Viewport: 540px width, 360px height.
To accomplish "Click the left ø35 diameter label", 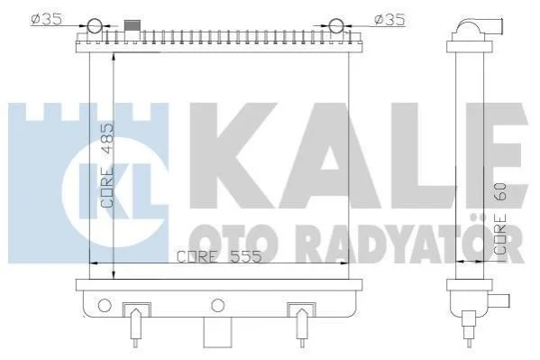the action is coord(47,19).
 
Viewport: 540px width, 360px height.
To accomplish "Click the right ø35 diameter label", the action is coord(389,20).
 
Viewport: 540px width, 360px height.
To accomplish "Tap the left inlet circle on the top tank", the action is coord(95,26).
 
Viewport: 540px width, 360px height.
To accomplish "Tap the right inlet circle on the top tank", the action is coord(336,26).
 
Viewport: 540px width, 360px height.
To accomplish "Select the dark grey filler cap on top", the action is coord(133,25).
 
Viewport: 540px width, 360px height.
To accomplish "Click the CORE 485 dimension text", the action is coord(107,165).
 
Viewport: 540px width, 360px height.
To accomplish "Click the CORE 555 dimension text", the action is coord(219,256).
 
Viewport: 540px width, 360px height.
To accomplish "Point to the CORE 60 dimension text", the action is coord(500,218).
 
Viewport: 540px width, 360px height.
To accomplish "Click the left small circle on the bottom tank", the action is coord(105,305).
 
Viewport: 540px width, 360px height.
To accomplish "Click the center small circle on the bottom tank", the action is coord(217,305).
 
